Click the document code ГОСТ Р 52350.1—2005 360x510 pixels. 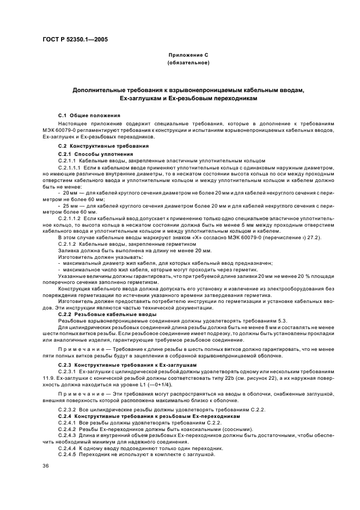[x=75, y=40]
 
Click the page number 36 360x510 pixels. [x=46, y=466]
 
